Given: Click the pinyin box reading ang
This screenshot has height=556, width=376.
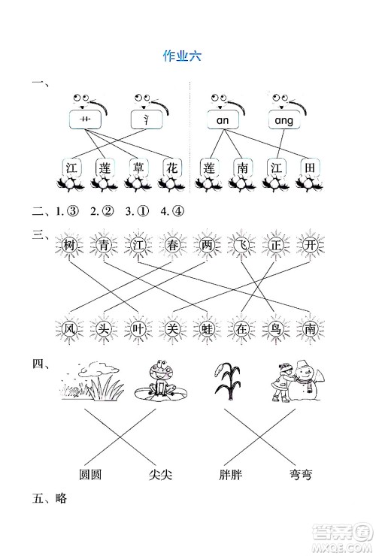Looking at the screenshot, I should coord(284,120).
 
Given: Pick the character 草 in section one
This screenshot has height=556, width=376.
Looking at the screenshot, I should coord(138,168).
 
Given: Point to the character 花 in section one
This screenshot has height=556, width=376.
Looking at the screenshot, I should coord(172,168).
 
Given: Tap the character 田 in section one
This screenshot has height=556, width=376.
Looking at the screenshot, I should coord(308,168).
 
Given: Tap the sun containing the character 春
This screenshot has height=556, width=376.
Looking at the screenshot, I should coord(172,244).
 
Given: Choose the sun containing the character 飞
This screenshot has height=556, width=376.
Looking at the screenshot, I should coord(240,244).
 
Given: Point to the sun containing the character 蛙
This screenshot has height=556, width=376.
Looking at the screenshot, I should coord(205,328).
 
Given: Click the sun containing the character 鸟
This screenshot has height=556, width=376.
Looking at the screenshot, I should coord(274,328).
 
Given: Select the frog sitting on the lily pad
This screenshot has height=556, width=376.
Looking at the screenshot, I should coord(159,382).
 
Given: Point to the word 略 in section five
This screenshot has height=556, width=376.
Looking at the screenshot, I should coord(58,497).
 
